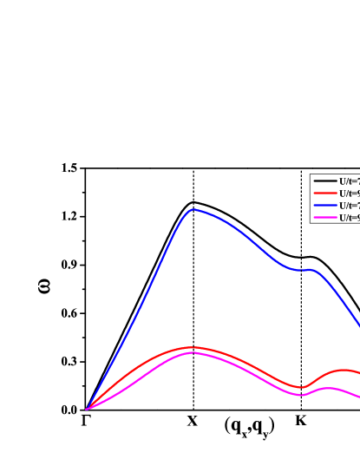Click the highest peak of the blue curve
point(193,209)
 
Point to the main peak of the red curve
point(190,347)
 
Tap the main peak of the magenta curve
point(193,352)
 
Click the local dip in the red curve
point(301,387)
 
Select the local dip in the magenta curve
point(300,395)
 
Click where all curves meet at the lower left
point(87,409)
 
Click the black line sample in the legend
point(325,181)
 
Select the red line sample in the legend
point(325,194)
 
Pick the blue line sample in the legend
point(325,206)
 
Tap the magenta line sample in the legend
point(325,218)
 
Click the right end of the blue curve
point(358,325)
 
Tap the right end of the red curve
point(358,372)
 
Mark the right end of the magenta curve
point(358,397)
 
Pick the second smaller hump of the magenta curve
point(328,388)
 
